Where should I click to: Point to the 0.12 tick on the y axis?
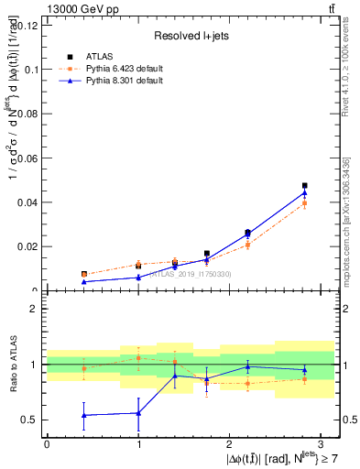(x=27, y=25)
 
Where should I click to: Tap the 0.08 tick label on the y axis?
(x=27, y=114)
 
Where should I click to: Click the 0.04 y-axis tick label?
(x=27, y=202)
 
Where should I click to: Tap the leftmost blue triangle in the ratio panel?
(x=84, y=415)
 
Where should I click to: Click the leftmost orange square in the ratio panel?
(x=84, y=369)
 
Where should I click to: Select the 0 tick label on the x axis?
(x=47, y=443)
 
